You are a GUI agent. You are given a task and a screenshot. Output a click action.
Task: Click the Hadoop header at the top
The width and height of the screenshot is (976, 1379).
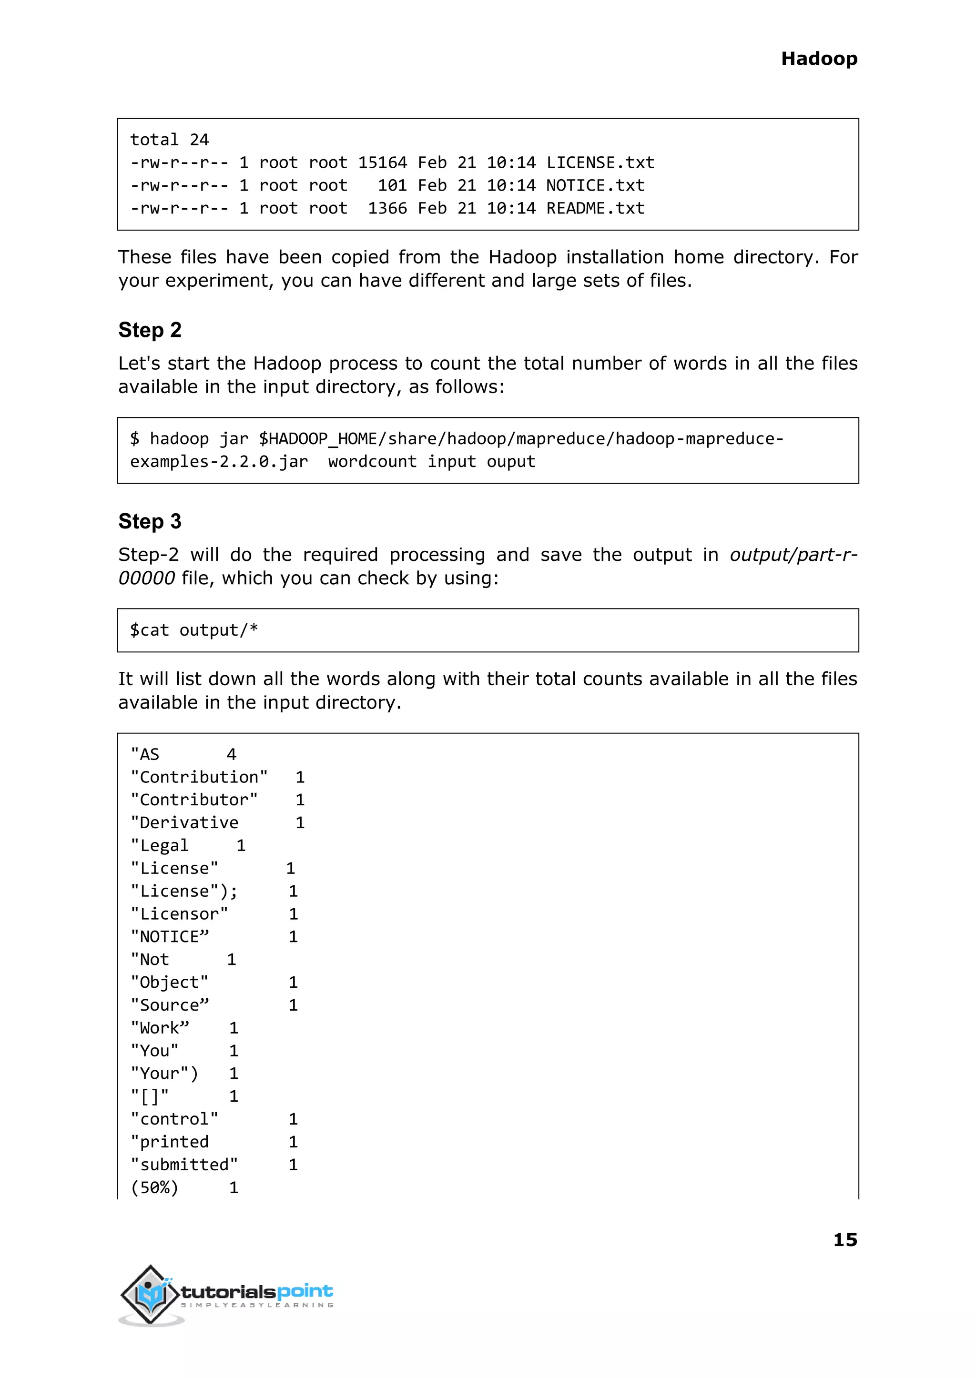pos(819,59)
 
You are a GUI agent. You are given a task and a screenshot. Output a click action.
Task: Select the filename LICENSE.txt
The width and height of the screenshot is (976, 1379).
pos(600,163)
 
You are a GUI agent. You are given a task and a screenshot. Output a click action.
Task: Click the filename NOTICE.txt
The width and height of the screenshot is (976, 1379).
pos(595,186)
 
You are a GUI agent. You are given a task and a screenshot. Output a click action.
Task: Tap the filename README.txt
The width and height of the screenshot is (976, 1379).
pos(595,209)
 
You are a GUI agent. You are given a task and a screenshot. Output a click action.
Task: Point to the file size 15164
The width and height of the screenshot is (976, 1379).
pos(382,163)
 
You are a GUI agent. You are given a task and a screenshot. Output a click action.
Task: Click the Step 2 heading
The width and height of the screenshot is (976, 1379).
pos(150,330)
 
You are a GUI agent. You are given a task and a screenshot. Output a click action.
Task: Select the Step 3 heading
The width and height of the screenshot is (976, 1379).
pos(150,521)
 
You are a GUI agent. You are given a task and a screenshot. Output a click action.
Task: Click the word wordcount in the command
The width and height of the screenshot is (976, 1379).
pos(372,461)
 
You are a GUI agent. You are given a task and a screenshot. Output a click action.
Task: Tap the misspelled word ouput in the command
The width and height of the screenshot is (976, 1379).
pos(511,461)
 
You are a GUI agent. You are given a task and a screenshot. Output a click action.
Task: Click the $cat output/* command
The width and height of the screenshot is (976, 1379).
pos(194,630)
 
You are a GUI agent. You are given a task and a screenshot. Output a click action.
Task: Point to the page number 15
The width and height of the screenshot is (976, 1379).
pos(845,1239)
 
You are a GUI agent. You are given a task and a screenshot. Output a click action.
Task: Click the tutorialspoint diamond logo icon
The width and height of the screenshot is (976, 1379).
pos(150,1294)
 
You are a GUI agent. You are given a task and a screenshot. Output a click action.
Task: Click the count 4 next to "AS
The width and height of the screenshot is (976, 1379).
pos(232,754)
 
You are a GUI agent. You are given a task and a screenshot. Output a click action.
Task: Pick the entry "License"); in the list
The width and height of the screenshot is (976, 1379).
pos(184,891)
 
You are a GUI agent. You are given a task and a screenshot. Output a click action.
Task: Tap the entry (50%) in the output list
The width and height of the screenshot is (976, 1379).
pos(154,1187)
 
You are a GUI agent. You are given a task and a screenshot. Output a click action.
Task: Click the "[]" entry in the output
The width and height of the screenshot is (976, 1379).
pos(150,1096)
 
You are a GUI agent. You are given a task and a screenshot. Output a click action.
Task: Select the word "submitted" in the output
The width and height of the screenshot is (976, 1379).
pos(184,1165)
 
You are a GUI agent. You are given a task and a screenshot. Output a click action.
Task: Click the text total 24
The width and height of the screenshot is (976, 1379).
pos(170,140)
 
